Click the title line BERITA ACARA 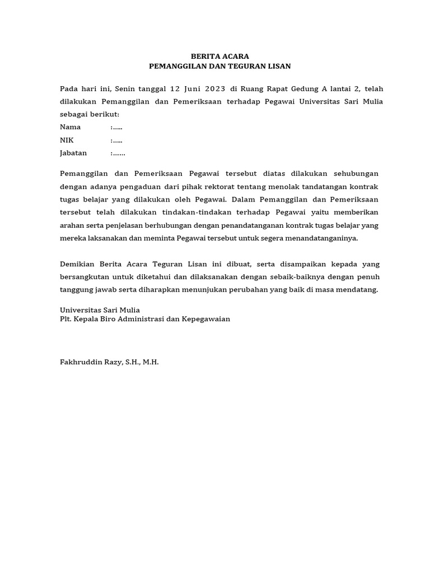click(219, 57)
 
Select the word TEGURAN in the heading click(252, 66)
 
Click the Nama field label click(71, 127)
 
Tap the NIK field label click(67, 140)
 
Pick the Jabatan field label click(73, 153)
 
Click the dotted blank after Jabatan click(118, 153)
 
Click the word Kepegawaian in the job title click(207, 319)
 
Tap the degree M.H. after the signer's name click(151, 362)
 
